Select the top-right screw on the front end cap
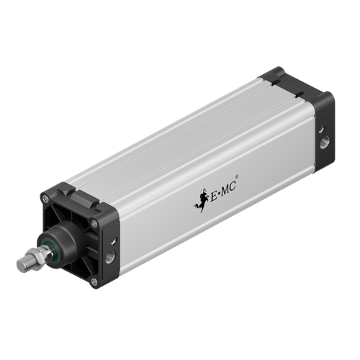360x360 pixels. click(94, 224)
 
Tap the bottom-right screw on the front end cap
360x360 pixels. click(94, 281)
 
